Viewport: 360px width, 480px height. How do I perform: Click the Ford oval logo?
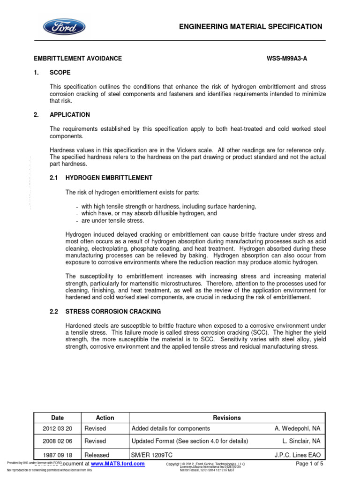65,27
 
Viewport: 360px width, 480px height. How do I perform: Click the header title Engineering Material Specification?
251,27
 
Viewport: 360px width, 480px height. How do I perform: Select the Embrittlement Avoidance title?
78,59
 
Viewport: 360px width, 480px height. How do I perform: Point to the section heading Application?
70,115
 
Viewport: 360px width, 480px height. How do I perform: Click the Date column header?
58,418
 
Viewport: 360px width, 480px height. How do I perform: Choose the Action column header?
105,418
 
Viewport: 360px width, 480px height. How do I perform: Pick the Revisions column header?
227,418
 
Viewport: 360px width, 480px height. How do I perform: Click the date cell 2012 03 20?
58,428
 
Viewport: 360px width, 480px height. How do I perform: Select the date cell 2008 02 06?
58,441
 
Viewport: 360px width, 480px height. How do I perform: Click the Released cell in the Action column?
97,455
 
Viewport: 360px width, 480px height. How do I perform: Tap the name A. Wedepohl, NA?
297,428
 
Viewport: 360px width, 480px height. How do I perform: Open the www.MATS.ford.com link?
118,464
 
